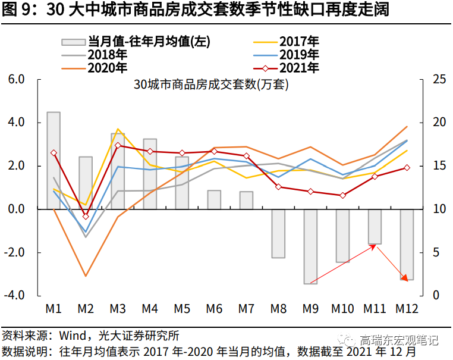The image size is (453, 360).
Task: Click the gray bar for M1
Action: (54, 160)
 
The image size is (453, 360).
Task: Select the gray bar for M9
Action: (310, 246)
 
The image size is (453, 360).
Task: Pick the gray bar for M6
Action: (214, 199)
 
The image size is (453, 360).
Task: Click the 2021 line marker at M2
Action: (86, 216)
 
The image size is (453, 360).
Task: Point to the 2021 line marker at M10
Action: (342, 195)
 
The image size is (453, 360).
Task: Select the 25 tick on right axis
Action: (438, 79)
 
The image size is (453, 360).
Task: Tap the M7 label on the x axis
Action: (246, 309)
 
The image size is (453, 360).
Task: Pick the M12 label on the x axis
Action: (408, 309)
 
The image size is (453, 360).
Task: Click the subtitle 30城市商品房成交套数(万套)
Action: (211, 84)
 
